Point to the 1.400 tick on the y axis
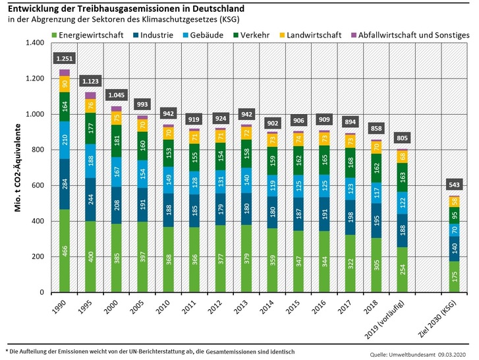click(34, 43)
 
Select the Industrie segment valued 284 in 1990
click(65, 184)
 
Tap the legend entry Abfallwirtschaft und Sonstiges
click(415, 34)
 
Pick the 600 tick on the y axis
click(37, 185)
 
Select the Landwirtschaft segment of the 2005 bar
click(142, 125)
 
